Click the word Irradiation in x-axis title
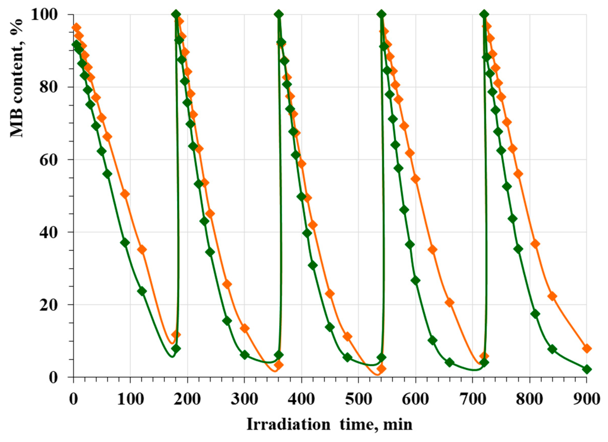[x=288, y=424]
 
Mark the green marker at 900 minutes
[x=586, y=369]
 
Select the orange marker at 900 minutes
[x=586, y=349]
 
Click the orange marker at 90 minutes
[x=125, y=194]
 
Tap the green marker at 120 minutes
[x=142, y=291]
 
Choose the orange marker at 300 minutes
[x=244, y=328]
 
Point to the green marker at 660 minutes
[x=450, y=362]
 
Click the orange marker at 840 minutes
[x=552, y=296]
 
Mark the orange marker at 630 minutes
[x=433, y=249]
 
